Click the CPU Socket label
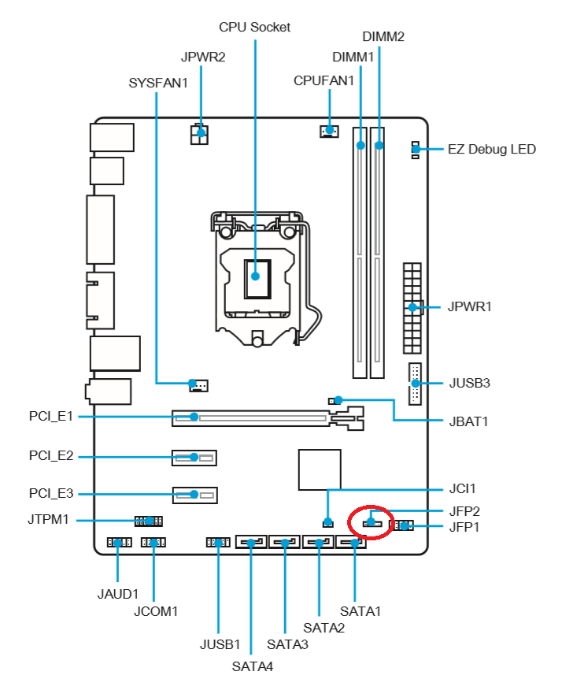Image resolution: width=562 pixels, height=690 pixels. point(254,28)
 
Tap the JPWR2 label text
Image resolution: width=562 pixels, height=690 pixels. point(203,57)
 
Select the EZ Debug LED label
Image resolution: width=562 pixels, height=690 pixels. point(491,149)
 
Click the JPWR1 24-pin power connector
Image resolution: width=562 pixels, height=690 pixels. point(412,307)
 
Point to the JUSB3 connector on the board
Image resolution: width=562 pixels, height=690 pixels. point(414,384)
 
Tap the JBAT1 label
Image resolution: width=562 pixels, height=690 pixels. point(468,421)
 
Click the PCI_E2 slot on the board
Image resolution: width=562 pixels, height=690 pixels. point(194,457)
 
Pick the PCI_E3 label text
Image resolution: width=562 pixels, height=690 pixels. point(51,494)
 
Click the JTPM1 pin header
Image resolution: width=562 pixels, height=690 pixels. point(147,521)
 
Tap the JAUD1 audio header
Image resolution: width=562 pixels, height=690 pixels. point(118,543)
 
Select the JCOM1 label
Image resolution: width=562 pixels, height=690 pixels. point(156,610)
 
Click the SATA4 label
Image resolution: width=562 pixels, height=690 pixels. point(252,666)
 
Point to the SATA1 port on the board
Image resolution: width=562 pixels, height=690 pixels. point(351,543)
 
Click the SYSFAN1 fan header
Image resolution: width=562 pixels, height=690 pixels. point(198,384)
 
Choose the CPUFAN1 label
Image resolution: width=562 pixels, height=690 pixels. point(324,80)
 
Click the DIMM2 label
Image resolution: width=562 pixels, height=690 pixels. point(383,37)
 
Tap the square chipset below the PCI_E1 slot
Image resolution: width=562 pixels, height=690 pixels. point(320,469)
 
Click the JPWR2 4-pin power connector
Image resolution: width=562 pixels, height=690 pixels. point(200,135)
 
